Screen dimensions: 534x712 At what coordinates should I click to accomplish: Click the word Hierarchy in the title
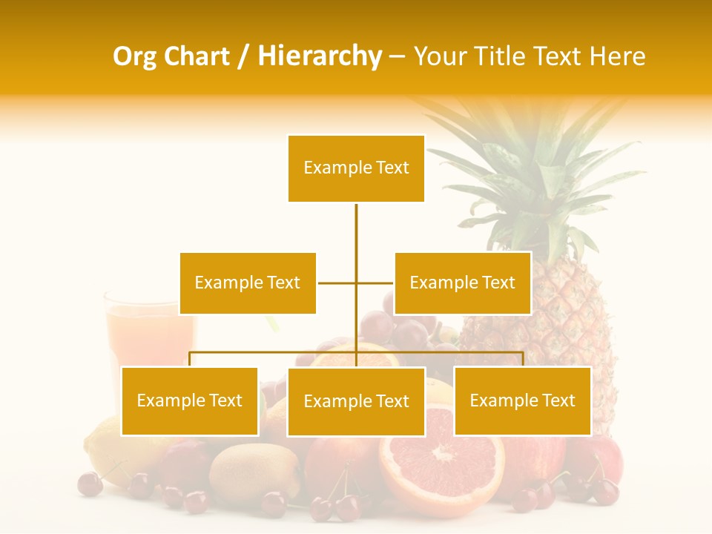tap(319, 56)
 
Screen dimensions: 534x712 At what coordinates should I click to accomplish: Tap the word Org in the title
tap(134, 56)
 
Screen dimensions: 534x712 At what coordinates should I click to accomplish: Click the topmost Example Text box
tap(356, 168)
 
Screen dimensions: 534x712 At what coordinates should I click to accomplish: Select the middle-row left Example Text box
tap(248, 283)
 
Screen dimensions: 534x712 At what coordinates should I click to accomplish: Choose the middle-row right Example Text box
tap(462, 283)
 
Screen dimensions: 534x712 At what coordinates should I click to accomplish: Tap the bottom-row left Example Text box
tap(189, 400)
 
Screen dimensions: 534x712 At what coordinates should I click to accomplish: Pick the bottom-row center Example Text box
tap(356, 401)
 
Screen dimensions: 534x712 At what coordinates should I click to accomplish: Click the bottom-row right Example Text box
tap(522, 400)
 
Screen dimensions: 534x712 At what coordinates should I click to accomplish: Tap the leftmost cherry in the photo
tap(90, 484)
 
